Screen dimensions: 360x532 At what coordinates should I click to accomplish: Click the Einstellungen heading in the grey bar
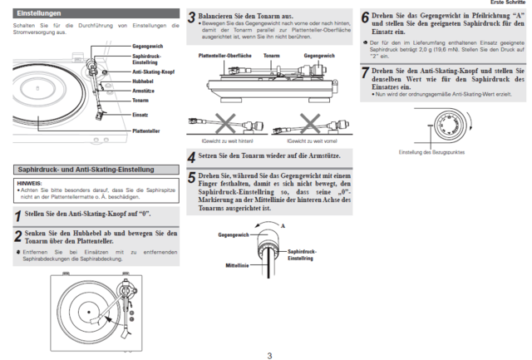coord(38,13)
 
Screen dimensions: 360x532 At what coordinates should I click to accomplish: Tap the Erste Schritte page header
coord(510,3)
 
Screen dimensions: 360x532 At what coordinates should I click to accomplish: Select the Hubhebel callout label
coord(143,81)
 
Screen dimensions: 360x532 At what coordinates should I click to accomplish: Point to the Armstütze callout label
coord(145,91)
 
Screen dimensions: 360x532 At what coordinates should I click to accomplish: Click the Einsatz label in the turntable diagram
coord(140,114)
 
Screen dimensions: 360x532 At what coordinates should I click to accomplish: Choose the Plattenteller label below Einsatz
coord(146,131)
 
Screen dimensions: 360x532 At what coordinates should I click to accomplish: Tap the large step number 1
coord(18,215)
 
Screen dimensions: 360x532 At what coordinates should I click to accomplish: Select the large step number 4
coord(191,156)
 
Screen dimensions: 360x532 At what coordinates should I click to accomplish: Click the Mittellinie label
coord(238,266)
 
